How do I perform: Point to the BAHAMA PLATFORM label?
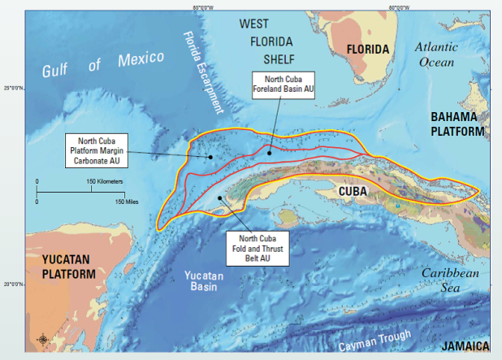point(459,124)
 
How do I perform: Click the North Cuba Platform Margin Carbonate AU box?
point(104,150)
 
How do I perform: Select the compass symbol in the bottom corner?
point(42,339)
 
